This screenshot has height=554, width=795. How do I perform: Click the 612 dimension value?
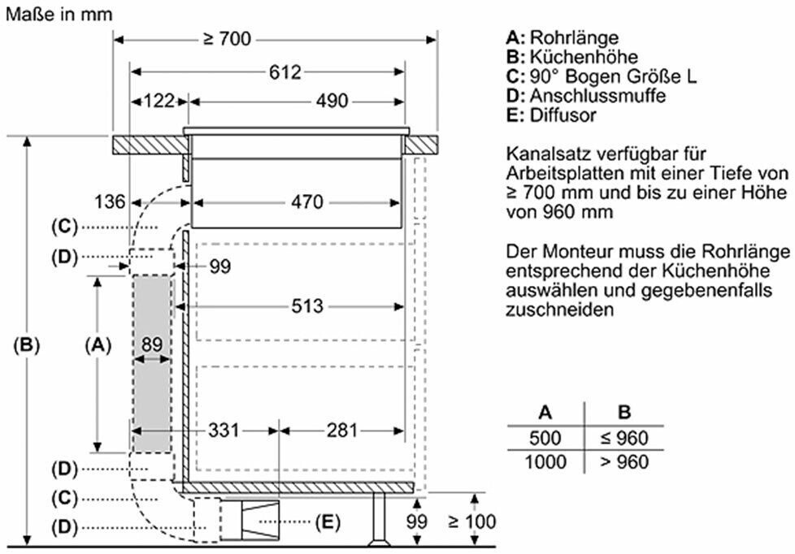[285, 72]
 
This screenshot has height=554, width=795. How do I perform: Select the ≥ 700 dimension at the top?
[227, 39]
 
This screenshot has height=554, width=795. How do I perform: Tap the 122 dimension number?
[159, 101]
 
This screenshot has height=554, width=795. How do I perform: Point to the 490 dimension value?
[332, 101]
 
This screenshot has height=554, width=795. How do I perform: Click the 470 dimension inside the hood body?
[307, 202]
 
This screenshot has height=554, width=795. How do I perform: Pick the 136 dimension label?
[110, 201]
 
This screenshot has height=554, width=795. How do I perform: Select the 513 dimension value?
[307, 306]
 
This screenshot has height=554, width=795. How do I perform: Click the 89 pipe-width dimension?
[151, 344]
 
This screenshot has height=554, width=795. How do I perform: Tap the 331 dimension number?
[224, 431]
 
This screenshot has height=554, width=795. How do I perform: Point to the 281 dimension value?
[342, 431]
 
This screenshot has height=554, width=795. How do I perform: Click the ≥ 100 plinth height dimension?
[472, 521]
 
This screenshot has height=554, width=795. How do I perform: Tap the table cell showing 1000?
[545, 461]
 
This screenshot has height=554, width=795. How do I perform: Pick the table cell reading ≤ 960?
[624, 438]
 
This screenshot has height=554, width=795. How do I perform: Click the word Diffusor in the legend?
[563, 115]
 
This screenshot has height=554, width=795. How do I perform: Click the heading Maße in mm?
[59, 14]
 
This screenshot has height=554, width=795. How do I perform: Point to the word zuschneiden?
[559, 309]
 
